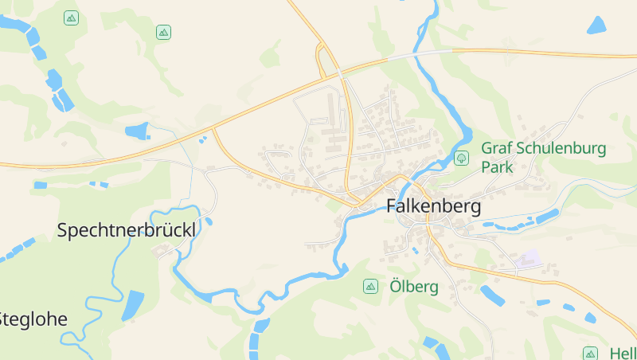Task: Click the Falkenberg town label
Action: pos(434,206)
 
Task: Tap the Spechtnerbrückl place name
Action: pos(127,230)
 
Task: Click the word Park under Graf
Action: pos(497,168)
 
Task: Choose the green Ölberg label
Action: pos(414,287)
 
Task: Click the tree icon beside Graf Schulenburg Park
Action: pos(461,158)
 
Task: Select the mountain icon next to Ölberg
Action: pos(370,286)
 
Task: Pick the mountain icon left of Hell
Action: pos(590,353)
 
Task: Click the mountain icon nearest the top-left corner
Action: pos(72,18)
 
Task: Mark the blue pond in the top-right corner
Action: pos(596,25)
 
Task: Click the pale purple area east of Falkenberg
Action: pos(527,259)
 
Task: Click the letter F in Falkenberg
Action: pos(393,206)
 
